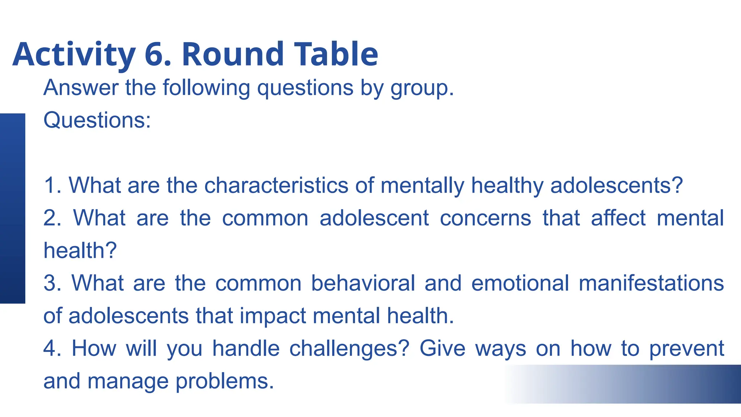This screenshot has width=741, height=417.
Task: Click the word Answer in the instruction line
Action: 81,88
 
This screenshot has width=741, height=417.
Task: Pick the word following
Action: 206,88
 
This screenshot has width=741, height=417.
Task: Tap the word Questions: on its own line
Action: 97,120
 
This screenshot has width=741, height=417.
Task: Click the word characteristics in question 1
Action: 276,185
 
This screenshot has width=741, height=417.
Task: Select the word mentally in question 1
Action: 422,185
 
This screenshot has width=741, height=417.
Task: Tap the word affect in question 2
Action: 618,218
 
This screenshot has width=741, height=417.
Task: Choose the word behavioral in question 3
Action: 363,283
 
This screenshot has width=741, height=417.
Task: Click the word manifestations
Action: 651,283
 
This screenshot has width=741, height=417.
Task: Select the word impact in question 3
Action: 273,316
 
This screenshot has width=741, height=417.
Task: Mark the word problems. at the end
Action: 225,381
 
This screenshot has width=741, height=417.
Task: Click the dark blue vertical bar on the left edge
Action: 12,208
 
